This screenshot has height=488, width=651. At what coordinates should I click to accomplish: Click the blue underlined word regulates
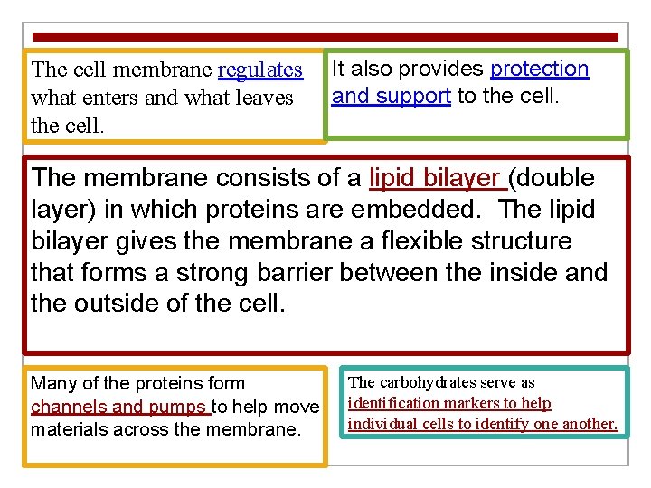[260, 70]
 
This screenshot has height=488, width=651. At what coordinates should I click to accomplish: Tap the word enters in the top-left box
[109, 98]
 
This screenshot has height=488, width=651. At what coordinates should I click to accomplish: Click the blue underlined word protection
[540, 69]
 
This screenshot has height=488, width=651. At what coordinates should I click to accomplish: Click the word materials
[69, 428]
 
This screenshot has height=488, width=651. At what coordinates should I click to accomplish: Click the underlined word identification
[403, 403]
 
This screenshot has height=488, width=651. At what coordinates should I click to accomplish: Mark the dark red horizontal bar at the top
[325, 37]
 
